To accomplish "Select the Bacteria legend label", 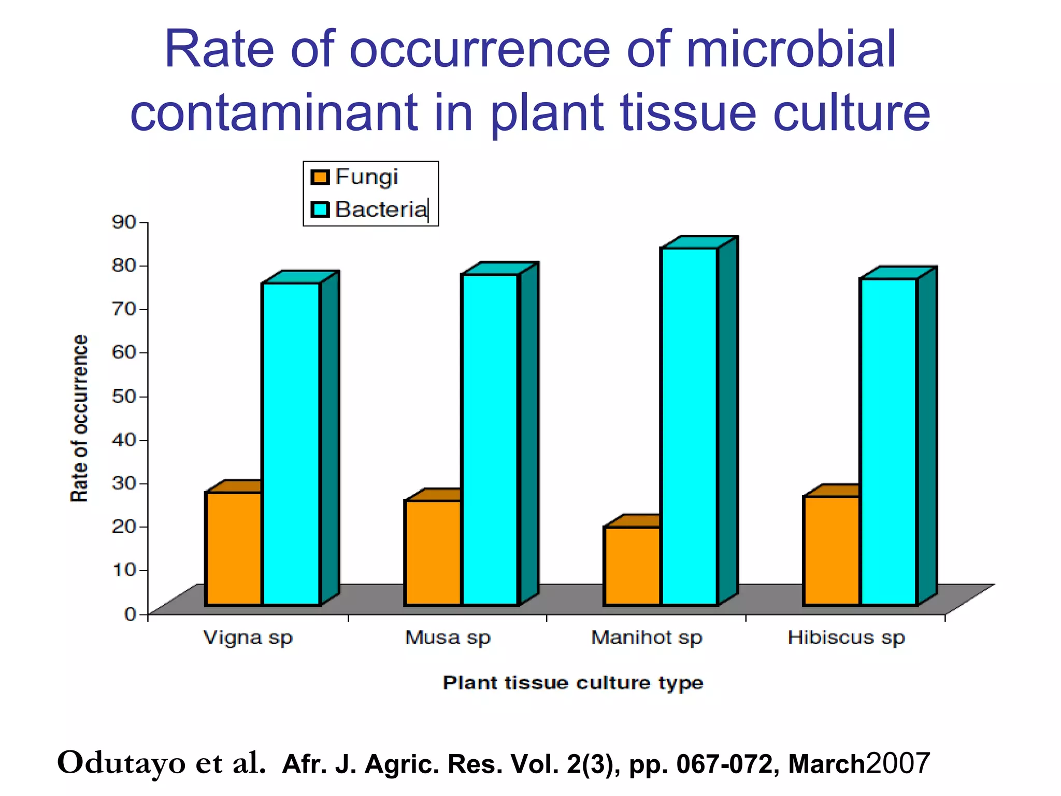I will tap(381, 210).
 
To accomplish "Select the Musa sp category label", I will tap(448, 638).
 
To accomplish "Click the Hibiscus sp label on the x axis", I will tap(846, 638).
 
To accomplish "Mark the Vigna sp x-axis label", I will tap(248, 638).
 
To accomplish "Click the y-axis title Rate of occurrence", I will tap(79, 418).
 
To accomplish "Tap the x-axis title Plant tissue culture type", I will tap(573, 683).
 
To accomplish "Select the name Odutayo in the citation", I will tap(121, 763).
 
